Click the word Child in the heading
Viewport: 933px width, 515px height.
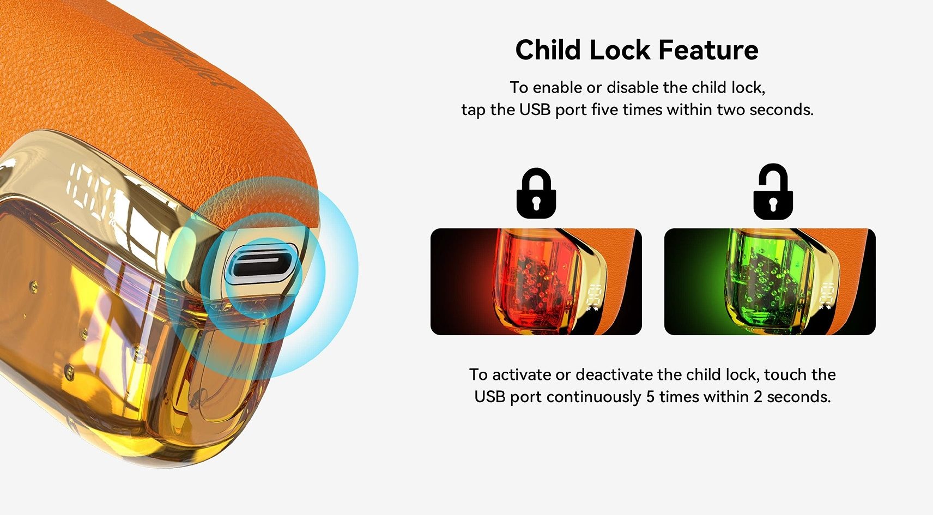pyautogui.click(x=548, y=50)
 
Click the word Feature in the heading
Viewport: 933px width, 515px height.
pyautogui.click(x=708, y=50)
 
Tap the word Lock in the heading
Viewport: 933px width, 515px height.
pyautogui.click(x=620, y=50)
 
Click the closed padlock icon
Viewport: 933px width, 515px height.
pyautogui.click(x=536, y=193)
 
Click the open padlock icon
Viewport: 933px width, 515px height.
pyautogui.click(x=773, y=192)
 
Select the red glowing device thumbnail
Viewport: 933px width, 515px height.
pyautogui.click(x=536, y=282)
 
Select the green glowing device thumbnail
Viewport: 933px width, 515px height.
pyautogui.click(x=770, y=282)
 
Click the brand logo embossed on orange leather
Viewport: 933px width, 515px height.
pyautogui.click(x=183, y=58)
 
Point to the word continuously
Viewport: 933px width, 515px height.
pyautogui.click(x=593, y=397)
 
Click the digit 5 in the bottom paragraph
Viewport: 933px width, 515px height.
pyautogui.click(x=651, y=397)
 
